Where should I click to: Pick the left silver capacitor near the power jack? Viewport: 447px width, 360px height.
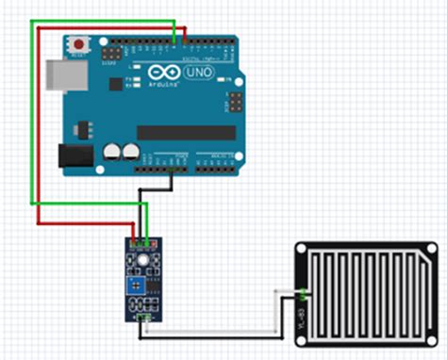pyautogui.click(x=112, y=151)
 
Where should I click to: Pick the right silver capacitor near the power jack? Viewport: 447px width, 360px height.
pyautogui.click(x=129, y=151)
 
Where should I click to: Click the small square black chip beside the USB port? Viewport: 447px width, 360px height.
pyautogui.click(x=116, y=84)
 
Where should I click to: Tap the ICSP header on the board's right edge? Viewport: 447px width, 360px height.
pyautogui.click(x=231, y=100)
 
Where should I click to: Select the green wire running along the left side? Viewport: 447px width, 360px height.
pyautogui.click(x=33, y=113)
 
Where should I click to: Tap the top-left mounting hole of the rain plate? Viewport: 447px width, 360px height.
pyautogui.click(x=303, y=250)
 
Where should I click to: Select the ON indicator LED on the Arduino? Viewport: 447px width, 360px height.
pyautogui.click(x=224, y=83)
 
